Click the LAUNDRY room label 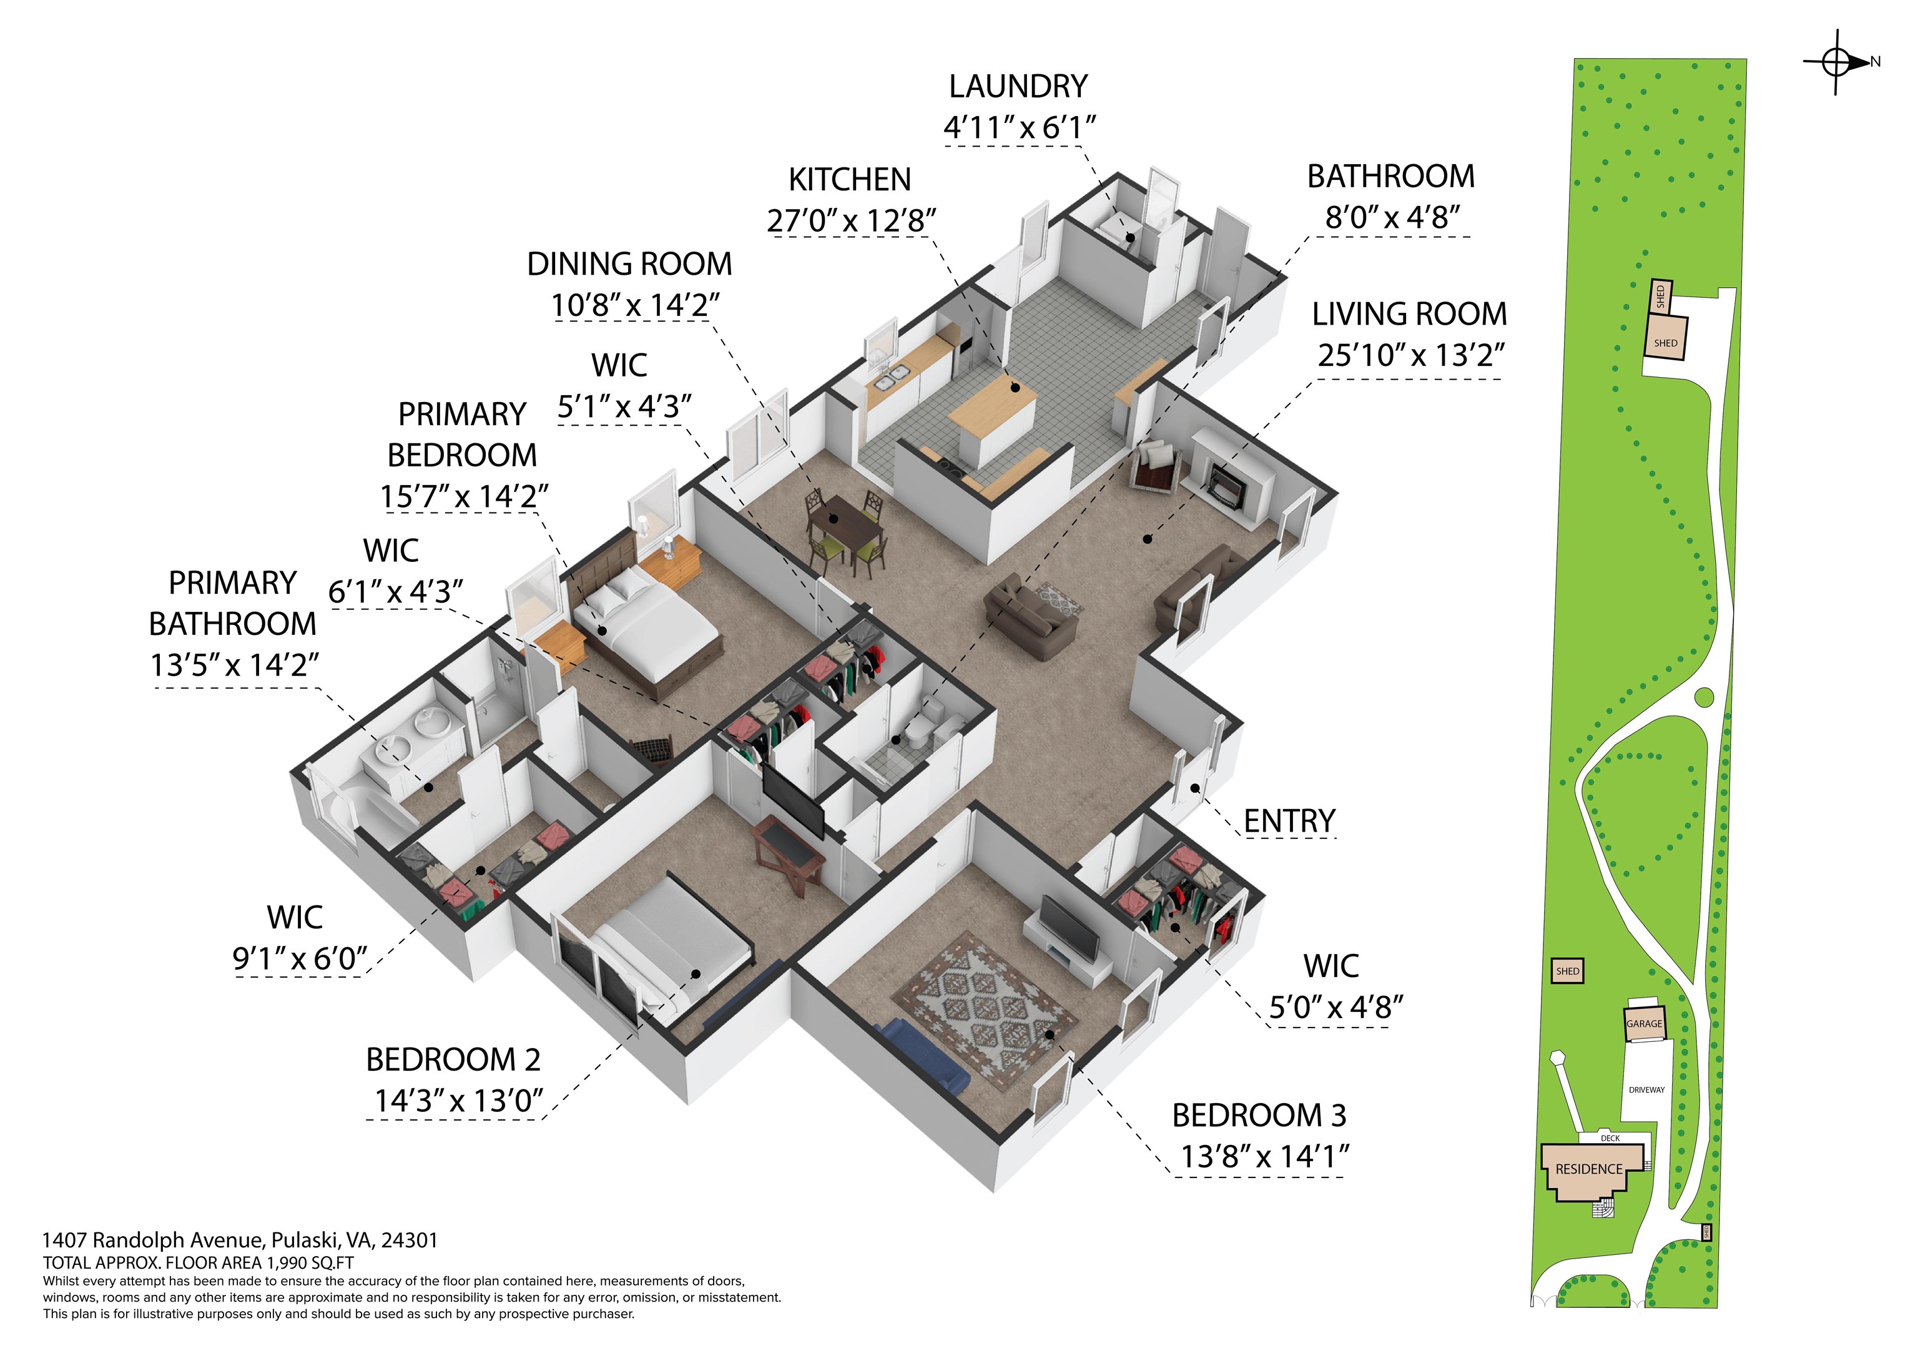[x=1018, y=86]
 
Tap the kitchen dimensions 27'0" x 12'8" [x=851, y=220]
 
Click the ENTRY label [x=1289, y=822]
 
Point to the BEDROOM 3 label [x=1259, y=1116]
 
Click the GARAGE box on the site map [x=1644, y=1023]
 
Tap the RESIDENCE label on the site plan [x=1589, y=1169]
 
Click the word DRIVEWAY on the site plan [x=1646, y=1090]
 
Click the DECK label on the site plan [x=1610, y=1138]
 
